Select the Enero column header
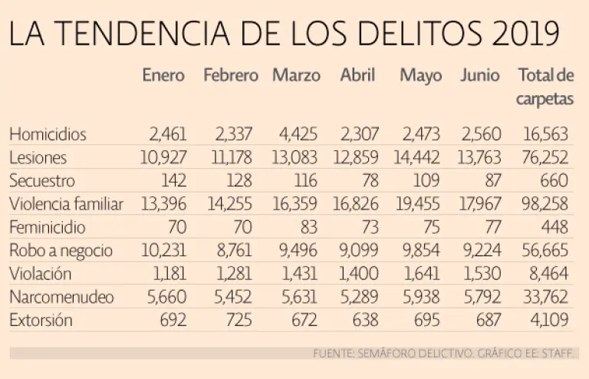(x=163, y=75)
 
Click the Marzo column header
(x=296, y=75)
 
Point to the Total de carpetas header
(x=545, y=87)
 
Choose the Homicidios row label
(x=48, y=134)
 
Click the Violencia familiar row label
(x=66, y=204)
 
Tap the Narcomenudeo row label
(x=61, y=297)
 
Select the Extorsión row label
(x=41, y=321)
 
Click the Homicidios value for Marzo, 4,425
(x=298, y=134)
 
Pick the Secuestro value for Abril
(x=370, y=180)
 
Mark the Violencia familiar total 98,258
(x=545, y=204)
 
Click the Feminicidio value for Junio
(x=492, y=227)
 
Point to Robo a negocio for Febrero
(x=234, y=251)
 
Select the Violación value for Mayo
(x=422, y=274)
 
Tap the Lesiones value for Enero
(x=163, y=157)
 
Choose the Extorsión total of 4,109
(x=549, y=321)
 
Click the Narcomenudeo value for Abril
(x=360, y=297)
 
